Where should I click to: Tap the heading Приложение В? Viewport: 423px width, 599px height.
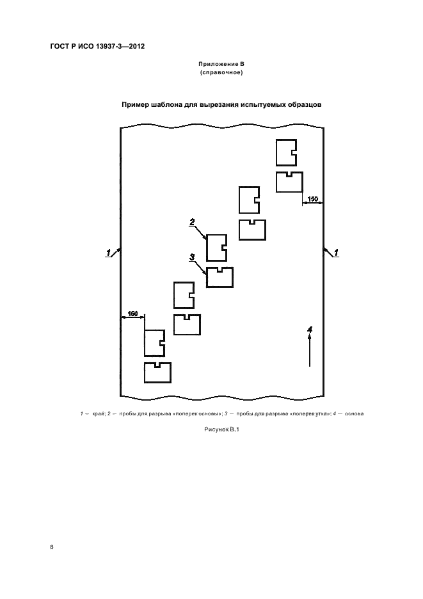click(221, 65)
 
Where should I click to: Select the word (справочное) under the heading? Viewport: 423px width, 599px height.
click(221, 73)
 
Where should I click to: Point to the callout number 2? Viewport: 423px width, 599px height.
click(191, 222)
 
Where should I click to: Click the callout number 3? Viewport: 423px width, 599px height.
click(191, 257)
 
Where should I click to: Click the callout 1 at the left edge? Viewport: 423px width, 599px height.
click(109, 252)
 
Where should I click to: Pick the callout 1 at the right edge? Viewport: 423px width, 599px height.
click(336, 253)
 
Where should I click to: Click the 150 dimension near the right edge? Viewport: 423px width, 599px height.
click(312, 200)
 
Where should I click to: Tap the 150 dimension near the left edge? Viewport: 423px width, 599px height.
click(132, 313)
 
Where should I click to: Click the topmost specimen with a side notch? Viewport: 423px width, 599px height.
click(285, 153)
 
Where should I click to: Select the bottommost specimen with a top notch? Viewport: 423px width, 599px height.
click(157, 372)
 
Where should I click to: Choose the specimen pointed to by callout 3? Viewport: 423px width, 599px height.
click(219, 277)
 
